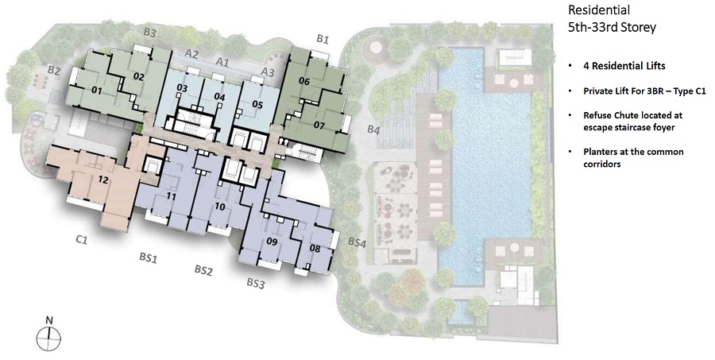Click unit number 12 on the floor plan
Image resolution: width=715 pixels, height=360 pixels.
click(x=103, y=180)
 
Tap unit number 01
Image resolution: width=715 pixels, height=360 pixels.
click(x=96, y=91)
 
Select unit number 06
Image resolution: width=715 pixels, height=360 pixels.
click(x=304, y=82)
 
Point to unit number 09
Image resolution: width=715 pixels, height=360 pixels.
click(x=272, y=242)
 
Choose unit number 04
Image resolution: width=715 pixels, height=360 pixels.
click(x=219, y=97)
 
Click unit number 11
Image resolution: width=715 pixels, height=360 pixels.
click(x=171, y=196)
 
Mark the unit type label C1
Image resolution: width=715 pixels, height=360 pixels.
click(x=82, y=240)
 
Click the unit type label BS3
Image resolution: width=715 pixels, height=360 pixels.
click(x=256, y=284)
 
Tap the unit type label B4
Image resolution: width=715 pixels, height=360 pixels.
click(x=373, y=130)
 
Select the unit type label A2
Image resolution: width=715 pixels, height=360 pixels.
click(x=191, y=54)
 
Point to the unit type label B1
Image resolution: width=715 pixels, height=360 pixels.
click(x=323, y=39)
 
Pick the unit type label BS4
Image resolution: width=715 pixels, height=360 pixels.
click(x=357, y=242)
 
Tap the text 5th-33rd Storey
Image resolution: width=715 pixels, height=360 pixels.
click(x=612, y=27)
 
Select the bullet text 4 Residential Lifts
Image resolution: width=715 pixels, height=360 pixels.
click(x=624, y=66)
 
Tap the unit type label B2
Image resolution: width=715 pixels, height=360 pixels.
click(x=54, y=71)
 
